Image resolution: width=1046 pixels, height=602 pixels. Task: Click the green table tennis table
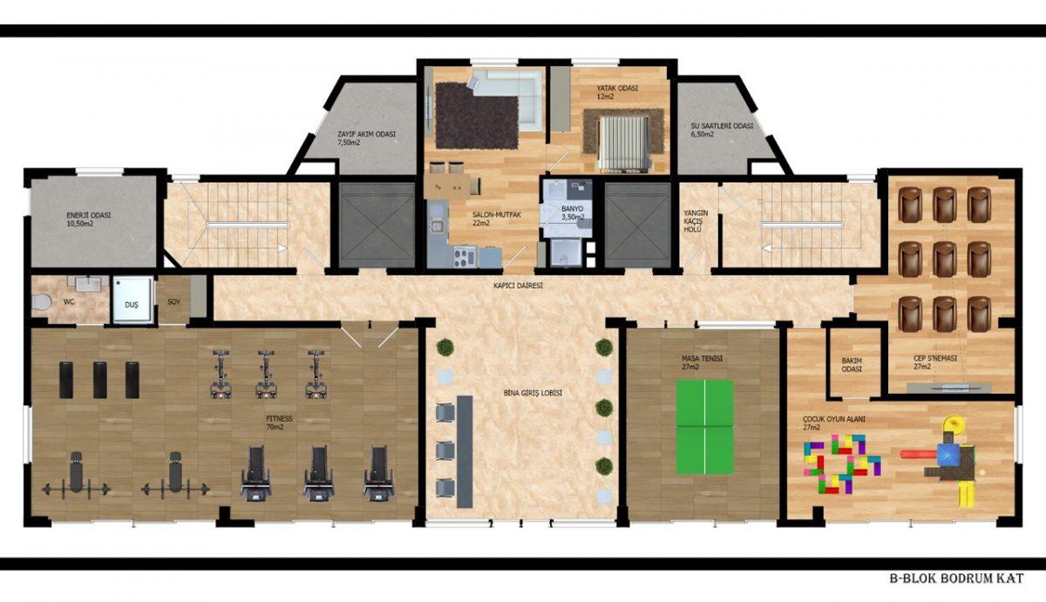705,427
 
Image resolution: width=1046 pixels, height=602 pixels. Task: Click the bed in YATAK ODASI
624,143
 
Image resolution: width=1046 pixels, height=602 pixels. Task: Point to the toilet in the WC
42,301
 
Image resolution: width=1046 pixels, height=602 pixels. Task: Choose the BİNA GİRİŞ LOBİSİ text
533,393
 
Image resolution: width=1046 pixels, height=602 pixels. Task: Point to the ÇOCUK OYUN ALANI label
833,419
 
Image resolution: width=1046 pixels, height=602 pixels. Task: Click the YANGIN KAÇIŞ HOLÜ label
696,221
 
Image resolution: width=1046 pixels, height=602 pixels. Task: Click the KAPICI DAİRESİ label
518,285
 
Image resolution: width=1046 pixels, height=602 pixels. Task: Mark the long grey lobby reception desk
465,452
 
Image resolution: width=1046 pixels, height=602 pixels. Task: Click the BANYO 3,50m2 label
573,213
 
